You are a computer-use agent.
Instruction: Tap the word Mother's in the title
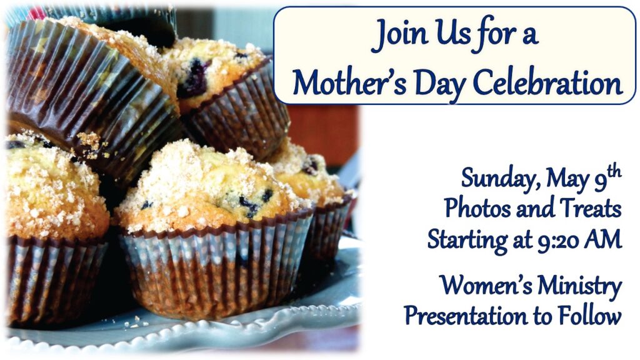349,83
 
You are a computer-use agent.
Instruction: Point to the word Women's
485,285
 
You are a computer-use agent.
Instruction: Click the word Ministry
579,287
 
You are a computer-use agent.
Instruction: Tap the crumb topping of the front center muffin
204,179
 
